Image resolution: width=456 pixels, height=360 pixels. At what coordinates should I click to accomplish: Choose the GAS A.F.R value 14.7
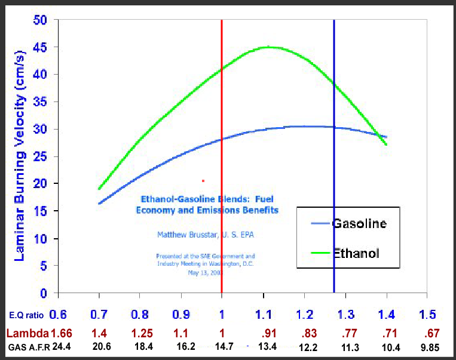click(x=222, y=347)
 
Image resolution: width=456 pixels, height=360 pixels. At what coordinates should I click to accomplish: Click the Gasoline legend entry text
click(x=359, y=224)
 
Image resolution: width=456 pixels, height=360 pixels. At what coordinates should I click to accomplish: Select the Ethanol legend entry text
click(x=356, y=254)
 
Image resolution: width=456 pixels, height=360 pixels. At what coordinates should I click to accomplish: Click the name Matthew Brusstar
click(x=182, y=234)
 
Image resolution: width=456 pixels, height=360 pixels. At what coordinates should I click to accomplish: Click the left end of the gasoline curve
click(x=99, y=204)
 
